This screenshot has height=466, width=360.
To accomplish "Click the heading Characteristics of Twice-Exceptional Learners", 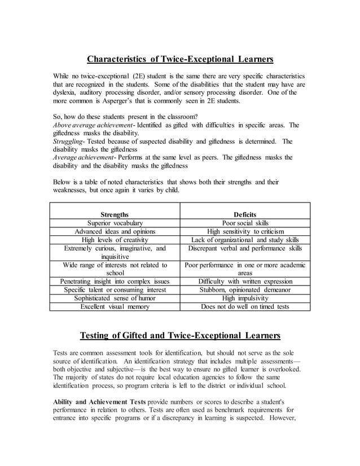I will click(x=180, y=59).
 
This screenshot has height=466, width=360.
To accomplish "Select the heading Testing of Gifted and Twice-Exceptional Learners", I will click(x=180, y=336).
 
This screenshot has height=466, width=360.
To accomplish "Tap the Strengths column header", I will click(x=115, y=214).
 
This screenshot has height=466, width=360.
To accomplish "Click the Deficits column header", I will click(x=245, y=214).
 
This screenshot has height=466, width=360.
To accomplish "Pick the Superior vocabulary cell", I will click(x=115, y=223).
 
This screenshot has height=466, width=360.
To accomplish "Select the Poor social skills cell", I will click(x=245, y=223).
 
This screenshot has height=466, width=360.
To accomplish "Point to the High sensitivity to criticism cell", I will click(x=245, y=231).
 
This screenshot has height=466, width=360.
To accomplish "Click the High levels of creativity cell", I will click(x=115, y=240).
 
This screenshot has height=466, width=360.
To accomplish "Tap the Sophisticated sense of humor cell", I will click(x=115, y=298).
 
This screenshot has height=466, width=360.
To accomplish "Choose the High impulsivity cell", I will click(x=245, y=298).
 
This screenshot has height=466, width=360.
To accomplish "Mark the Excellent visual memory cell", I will click(x=115, y=307).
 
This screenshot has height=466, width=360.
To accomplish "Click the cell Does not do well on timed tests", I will click(x=245, y=307).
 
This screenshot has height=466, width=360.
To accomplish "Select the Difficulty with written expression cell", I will click(x=245, y=282).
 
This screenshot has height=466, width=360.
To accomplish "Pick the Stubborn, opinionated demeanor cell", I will click(x=245, y=290).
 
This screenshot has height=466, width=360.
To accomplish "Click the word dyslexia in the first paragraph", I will click(x=67, y=93).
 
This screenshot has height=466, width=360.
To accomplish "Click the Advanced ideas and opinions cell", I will click(x=115, y=231).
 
